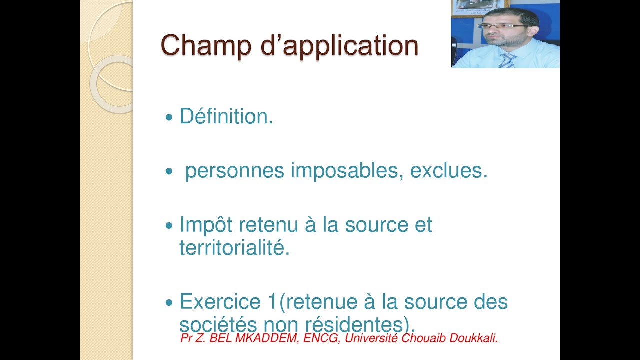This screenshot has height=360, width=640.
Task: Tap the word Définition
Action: (226, 117)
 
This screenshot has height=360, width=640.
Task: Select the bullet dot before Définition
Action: (168, 118)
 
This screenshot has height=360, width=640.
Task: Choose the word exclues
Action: (448, 171)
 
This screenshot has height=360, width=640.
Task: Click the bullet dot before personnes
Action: (168, 172)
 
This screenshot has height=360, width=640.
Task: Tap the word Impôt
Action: (206, 225)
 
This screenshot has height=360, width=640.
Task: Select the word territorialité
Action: (234, 248)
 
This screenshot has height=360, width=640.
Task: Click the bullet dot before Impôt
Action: (168, 226)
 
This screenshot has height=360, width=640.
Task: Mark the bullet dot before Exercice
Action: (168, 303)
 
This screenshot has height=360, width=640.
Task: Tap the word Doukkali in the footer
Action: (475, 338)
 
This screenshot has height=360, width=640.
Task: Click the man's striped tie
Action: (507, 60)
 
